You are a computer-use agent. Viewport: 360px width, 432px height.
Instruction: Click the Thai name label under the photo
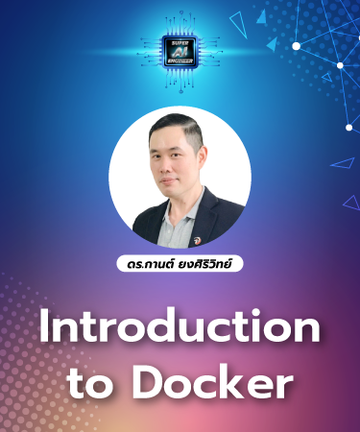(180, 261)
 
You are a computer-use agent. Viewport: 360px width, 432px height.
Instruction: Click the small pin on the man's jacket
(198, 231)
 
